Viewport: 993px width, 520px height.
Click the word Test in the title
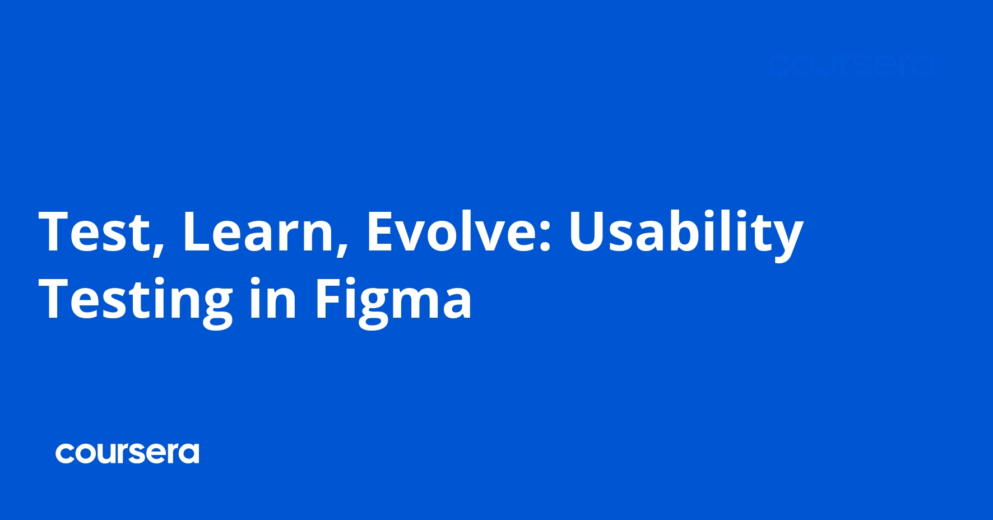[x=93, y=231]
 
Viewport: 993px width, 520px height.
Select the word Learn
[x=257, y=231]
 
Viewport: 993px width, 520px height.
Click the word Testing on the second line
[x=135, y=300]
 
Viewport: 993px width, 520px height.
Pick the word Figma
[x=393, y=300]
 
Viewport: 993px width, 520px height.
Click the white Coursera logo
[x=127, y=453]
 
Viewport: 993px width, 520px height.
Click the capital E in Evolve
[x=379, y=230]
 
